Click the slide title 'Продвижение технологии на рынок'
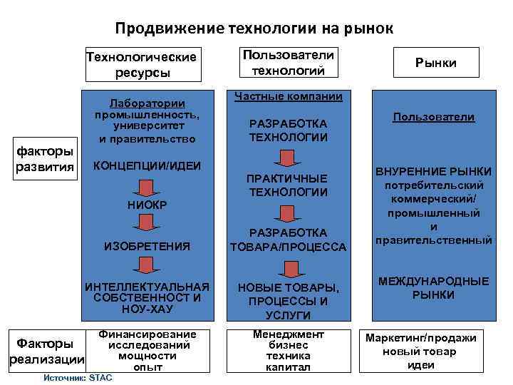click(x=254, y=29)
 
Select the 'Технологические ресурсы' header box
click(x=140, y=64)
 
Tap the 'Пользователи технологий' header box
click(x=289, y=63)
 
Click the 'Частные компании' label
click(x=289, y=96)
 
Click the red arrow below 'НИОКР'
click(x=146, y=222)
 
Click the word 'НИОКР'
click(x=146, y=205)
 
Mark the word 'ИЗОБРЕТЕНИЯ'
click(x=147, y=246)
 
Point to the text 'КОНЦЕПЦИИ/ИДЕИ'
click(x=142, y=166)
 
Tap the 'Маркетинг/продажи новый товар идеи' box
click(x=421, y=351)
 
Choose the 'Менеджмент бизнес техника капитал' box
click(x=288, y=351)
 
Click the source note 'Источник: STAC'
click(x=78, y=377)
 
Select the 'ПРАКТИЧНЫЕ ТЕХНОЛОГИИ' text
click(x=288, y=185)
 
